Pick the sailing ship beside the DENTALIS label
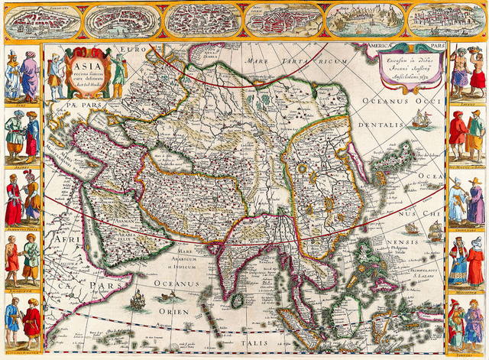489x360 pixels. click(x=421, y=119)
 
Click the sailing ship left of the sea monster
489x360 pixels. click(x=138, y=300)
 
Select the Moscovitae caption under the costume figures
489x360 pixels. click(x=468, y=288)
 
